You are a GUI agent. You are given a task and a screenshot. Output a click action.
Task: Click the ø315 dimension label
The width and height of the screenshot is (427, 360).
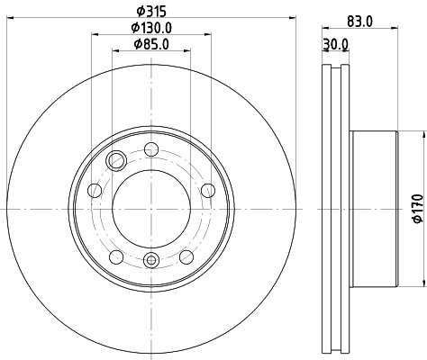pos(150,11)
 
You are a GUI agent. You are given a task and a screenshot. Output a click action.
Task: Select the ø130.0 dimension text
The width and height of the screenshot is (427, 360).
pos(150,28)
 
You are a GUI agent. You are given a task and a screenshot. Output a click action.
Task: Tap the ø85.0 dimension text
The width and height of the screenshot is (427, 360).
pos(150,44)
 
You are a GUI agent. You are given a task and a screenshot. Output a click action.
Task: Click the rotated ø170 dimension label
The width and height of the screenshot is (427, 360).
pos(417,208)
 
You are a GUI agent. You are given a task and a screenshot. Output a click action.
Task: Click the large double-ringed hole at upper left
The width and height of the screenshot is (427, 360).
pos(115,161)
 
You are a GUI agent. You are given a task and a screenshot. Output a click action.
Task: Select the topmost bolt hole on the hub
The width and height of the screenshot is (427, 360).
pos(150,152)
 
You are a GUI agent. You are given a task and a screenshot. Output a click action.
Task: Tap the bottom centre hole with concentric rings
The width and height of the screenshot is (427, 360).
pos(150,262)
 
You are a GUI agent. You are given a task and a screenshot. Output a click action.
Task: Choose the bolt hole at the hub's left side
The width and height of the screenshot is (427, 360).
pos(95,190)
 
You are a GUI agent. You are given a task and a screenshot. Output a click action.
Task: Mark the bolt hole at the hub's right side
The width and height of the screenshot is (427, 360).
pos(207,190)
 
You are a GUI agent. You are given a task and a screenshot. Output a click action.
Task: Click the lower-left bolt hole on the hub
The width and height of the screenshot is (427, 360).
pos(115,257)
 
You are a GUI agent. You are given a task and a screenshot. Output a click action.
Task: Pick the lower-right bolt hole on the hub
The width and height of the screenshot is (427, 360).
pos(186,257)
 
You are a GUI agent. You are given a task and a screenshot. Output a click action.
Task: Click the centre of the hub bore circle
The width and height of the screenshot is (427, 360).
pos(150,208)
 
